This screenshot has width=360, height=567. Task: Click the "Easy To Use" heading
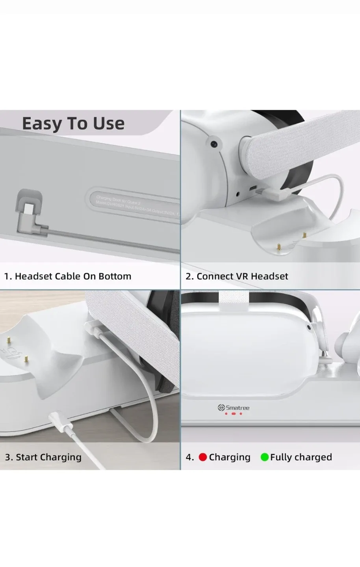(73, 124)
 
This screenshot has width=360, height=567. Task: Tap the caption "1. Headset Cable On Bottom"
(67, 276)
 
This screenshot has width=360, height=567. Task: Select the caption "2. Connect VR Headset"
(237, 276)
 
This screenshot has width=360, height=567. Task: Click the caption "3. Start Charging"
(43, 457)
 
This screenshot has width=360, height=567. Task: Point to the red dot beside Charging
(203, 457)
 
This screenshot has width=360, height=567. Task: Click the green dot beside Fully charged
(265, 457)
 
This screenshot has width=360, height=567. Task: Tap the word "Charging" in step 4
(230, 457)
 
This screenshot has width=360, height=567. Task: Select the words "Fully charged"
(301, 457)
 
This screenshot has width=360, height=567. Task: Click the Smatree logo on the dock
(234, 408)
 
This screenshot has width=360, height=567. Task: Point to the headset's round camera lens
(213, 144)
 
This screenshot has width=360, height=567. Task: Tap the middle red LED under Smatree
(234, 414)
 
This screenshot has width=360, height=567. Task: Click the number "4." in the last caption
(190, 457)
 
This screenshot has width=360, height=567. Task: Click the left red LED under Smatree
(226, 414)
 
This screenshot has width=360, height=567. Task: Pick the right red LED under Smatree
(241, 414)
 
